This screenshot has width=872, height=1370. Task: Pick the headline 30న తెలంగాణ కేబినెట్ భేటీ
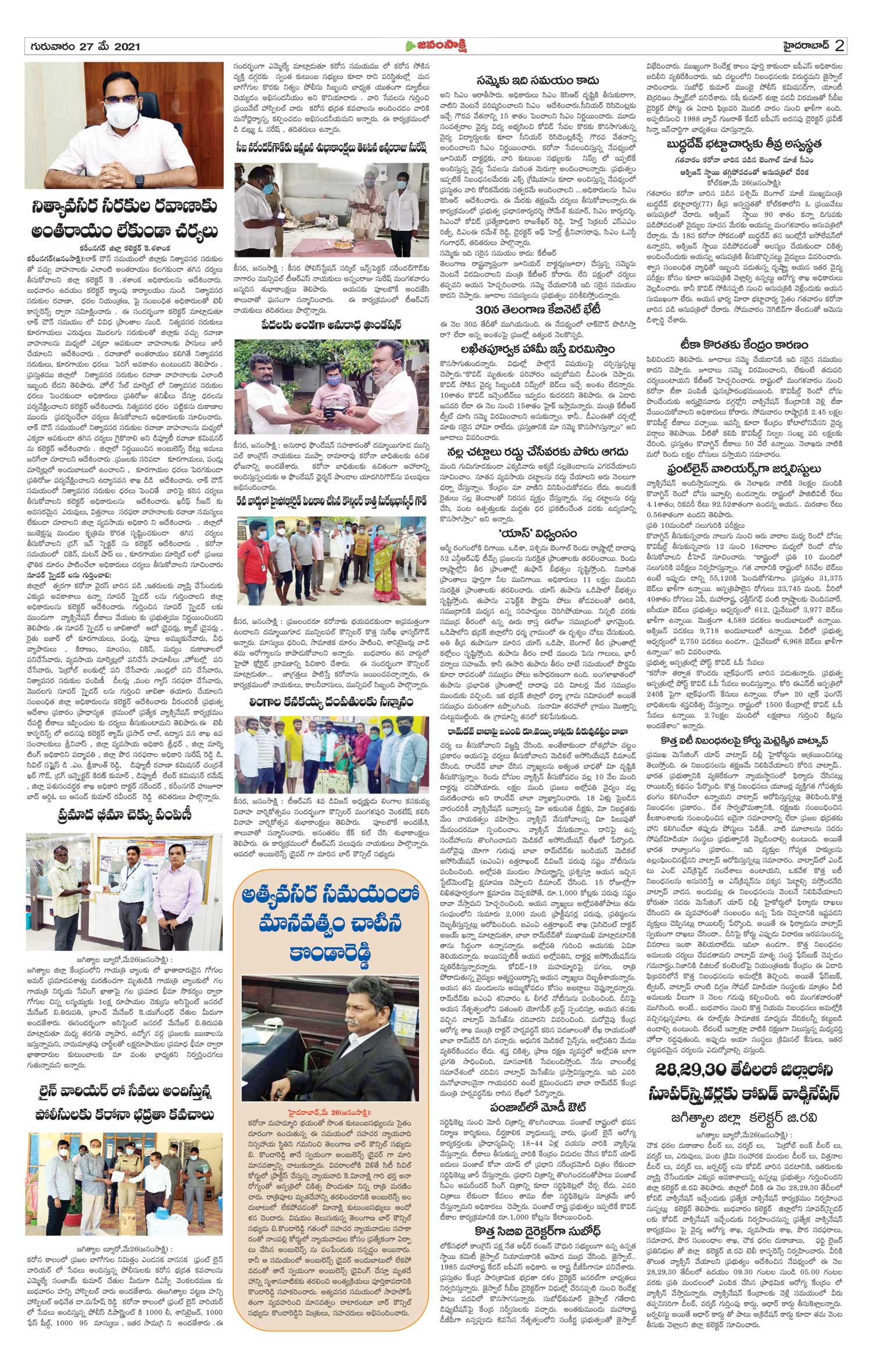[535, 309]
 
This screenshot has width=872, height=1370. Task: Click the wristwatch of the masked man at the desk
[140, 180]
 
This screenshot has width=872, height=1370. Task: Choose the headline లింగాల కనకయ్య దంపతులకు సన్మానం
[330, 702]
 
